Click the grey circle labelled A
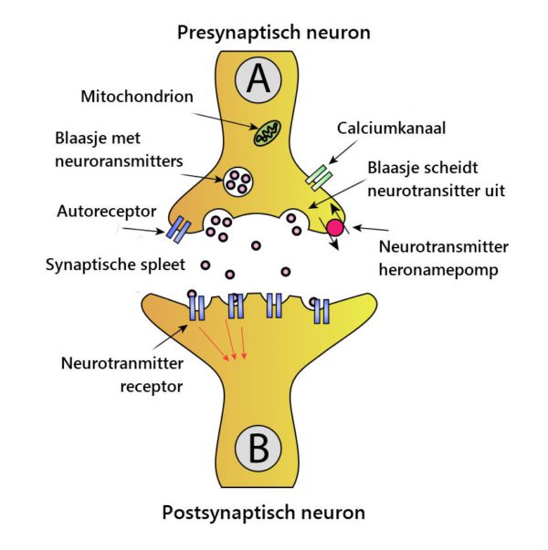pos(258,80)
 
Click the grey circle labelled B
pos(258,449)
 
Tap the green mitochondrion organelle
pos(268,133)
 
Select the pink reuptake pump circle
pos(335,228)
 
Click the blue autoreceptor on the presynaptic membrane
pos(178,230)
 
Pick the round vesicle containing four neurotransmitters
pos(237,182)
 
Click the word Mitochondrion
pos(137,97)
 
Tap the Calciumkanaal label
pos(391,128)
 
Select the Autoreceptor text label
pos(107,212)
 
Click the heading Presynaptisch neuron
pos(274,33)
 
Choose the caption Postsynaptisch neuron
pos(263,513)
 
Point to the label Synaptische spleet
pos(115,265)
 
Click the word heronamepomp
pos(438,270)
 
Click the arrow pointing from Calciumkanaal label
pos(343,152)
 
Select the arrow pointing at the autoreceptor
pos(143,230)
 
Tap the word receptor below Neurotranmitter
pos(152,387)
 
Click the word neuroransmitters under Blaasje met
pos(119,161)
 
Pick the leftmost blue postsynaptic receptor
pos(196,307)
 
